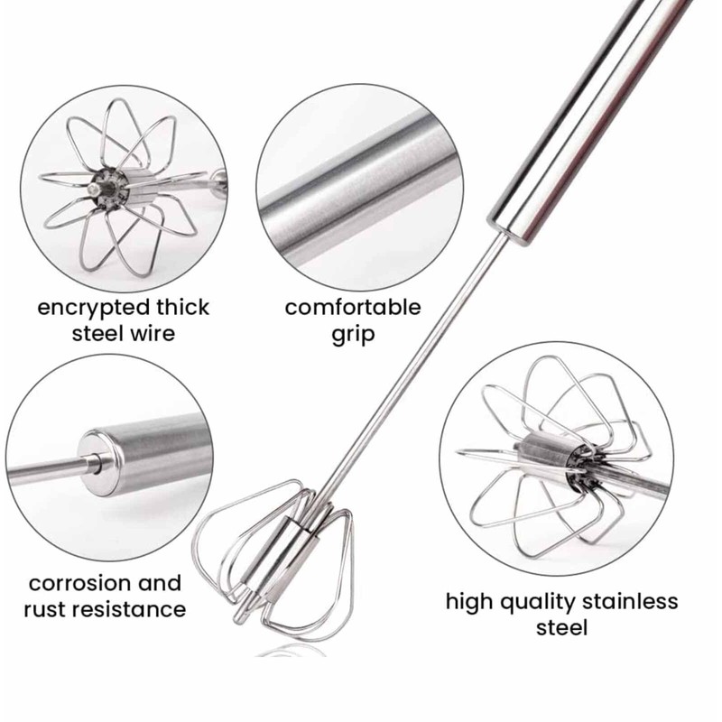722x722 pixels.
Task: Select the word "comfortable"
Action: point(353,308)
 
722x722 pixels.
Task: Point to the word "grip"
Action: point(353,334)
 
